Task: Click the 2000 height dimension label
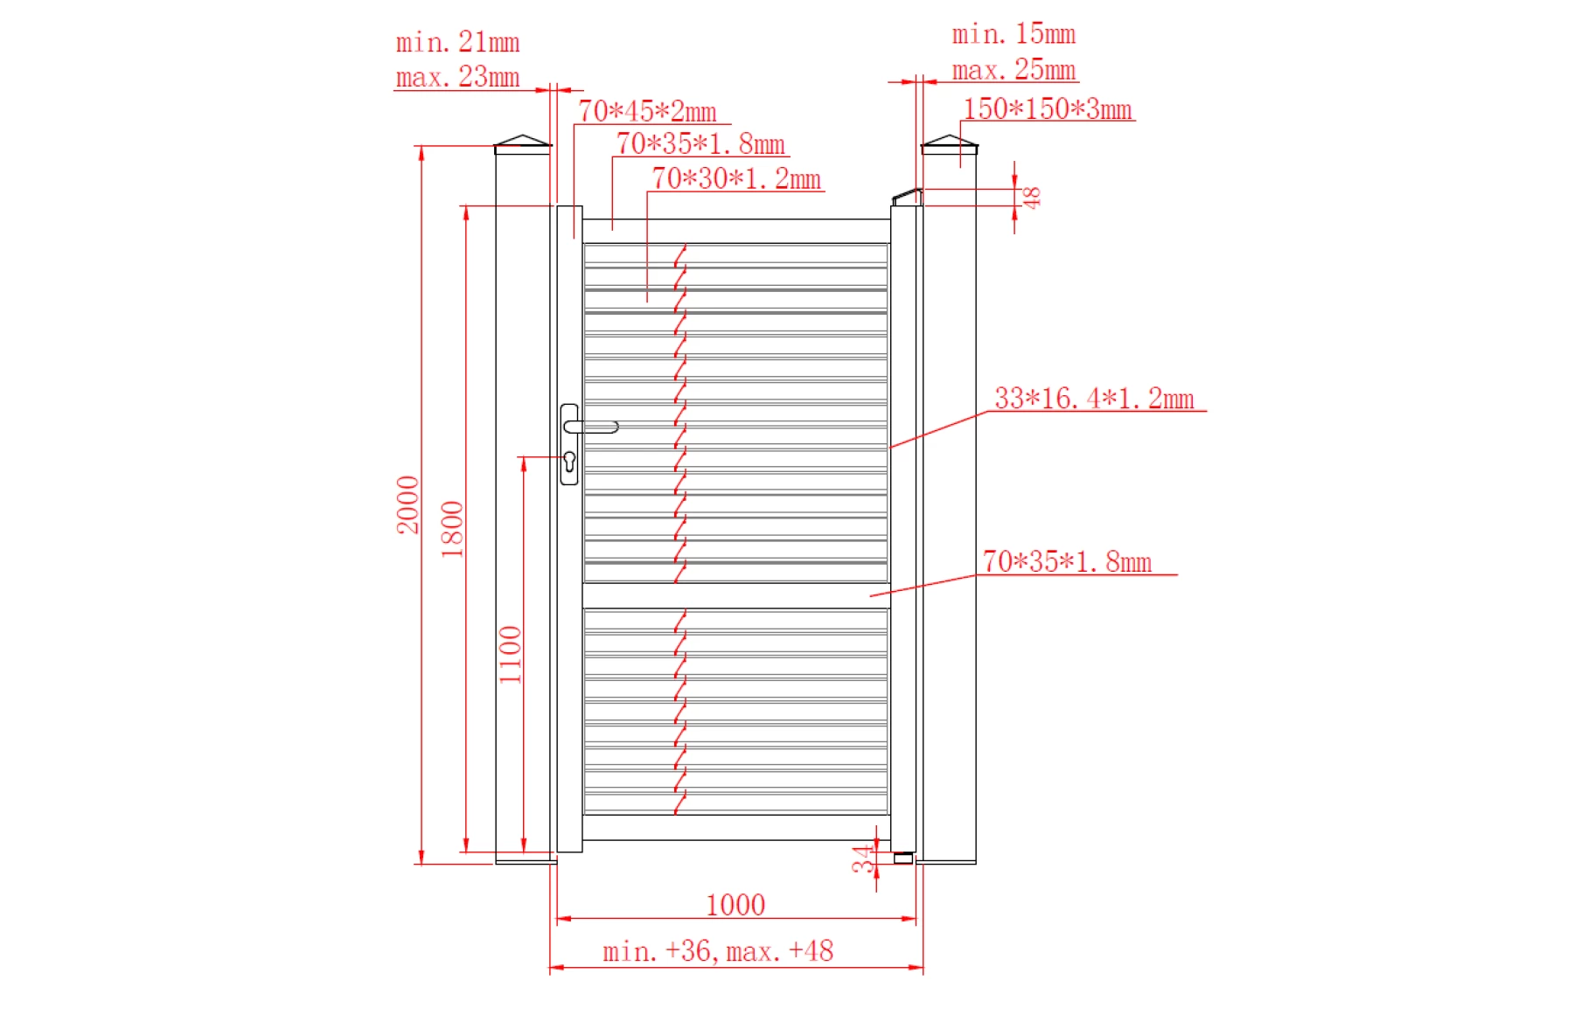tap(407, 504)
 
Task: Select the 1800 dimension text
tap(451, 529)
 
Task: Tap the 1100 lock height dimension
tap(510, 654)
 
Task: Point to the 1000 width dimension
tap(735, 905)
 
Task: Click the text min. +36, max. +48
tap(717, 951)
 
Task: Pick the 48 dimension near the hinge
tap(1032, 198)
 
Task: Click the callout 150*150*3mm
tap(1047, 109)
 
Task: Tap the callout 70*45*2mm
tap(646, 112)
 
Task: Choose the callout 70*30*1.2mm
tap(735, 179)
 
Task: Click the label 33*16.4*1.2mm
tap(1093, 399)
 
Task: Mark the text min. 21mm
tap(457, 42)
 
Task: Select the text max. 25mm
tap(1013, 70)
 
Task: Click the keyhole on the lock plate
tap(569, 461)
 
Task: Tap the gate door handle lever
tap(592, 427)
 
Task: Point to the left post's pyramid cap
tap(522, 142)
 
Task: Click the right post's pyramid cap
tap(949, 142)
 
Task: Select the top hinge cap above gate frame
tap(907, 198)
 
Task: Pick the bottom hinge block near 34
tap(902, 859)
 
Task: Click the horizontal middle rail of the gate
tap(735, 595)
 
